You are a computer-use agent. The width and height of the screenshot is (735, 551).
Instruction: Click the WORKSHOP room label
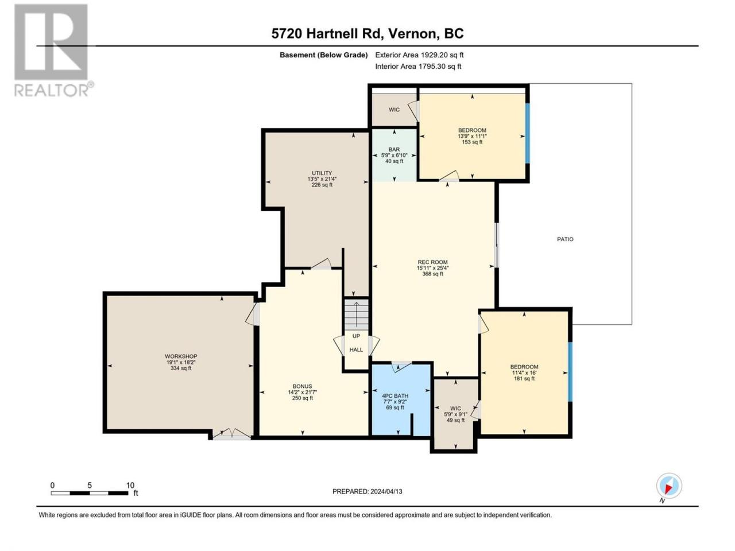tap(181, 356)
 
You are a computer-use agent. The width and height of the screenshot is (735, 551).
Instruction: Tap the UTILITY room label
tap(322, 173)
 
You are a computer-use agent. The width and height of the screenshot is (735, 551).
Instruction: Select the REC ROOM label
tap(432, 262)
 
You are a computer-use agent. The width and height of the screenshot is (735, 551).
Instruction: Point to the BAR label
tap(394, 150)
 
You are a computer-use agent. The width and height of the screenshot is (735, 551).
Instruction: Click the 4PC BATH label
tap(395, 396)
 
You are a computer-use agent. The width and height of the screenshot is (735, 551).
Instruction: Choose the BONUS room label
tap(303, 386)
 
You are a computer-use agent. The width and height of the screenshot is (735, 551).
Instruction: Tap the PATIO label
tap(565, 239)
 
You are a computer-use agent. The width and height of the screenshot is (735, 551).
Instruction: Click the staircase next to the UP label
tap(357, 315)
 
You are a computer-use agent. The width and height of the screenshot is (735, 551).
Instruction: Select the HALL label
tap(356, 350)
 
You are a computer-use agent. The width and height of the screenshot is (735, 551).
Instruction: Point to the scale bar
tap(90, 493)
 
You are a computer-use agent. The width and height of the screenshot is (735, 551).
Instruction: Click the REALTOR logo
tap(53, 50)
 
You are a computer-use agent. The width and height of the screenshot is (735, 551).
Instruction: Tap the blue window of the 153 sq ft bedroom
tap(527, 133)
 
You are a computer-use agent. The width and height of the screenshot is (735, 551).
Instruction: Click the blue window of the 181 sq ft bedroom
tap(570, 371)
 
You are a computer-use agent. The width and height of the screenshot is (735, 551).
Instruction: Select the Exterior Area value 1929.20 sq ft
tap(441, 55)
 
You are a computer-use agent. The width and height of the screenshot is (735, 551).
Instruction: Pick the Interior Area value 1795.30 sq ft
tap(440, 66)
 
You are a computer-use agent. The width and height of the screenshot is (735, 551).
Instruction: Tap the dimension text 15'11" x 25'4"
tap(432, 268)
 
